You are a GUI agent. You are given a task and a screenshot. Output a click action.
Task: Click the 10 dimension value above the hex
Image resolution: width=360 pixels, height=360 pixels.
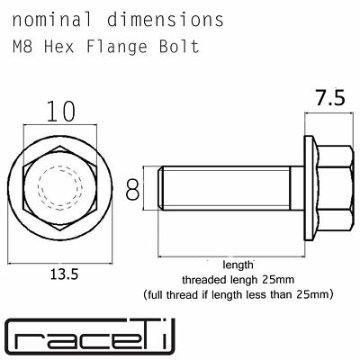click(60, 112)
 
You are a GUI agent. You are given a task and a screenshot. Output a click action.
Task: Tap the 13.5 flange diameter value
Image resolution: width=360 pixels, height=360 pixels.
click(64, 274)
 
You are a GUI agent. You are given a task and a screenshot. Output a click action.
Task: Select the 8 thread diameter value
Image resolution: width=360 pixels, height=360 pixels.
click(132, 189)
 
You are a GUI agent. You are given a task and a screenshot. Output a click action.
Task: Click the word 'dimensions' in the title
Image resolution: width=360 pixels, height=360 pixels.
click(166, 20)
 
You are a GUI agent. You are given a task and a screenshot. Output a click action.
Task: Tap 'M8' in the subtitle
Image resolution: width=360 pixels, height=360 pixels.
click(22, 47)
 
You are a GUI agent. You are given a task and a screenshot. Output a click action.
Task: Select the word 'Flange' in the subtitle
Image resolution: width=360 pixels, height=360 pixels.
click(117, 48)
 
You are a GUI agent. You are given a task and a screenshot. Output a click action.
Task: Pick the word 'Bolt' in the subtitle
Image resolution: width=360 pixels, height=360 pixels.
click(179, 47)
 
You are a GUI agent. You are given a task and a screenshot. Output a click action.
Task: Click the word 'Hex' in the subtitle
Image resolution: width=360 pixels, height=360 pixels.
click(59, 47)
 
